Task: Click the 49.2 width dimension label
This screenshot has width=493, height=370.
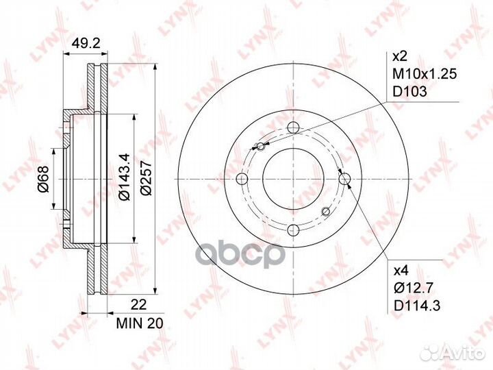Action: tap(86, 42)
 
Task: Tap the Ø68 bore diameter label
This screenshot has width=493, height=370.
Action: tap(43, 179)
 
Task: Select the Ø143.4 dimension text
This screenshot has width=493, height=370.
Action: tap(124, 177)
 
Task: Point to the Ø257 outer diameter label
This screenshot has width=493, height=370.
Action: tap(146, 177)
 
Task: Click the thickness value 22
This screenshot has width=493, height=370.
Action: tap(138, 305)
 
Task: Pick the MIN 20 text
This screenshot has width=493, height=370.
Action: tap(140, 323)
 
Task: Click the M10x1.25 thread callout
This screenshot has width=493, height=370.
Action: tap(425, 74)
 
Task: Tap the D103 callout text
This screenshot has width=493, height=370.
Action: tap(410, 92)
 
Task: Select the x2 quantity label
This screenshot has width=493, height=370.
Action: tap(401, 57)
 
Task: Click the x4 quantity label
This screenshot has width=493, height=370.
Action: tap(401, 270)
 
